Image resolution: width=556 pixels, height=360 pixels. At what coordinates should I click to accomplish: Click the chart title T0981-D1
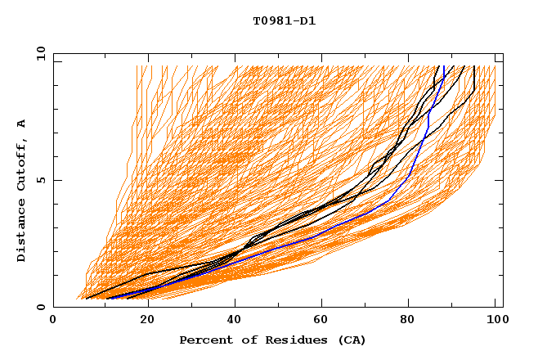[x=284, y=20]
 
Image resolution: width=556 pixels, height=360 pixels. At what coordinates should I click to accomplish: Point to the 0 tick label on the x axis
[x=53, y=320]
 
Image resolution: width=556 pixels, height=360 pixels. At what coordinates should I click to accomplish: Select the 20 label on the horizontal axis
[x=141, y=320]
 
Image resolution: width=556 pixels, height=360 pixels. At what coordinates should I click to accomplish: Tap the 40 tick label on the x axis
[x=231, y=320]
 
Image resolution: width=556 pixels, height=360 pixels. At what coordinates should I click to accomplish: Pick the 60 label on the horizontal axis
[x=319, y=320]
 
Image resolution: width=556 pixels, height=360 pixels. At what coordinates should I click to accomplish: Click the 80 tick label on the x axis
[x=407, y=320]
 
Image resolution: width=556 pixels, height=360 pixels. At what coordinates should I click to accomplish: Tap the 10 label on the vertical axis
[x=38, y=53]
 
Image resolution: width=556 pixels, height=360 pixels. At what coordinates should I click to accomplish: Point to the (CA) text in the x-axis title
[x=352, y=340]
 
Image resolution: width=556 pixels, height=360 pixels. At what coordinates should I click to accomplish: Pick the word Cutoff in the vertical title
[x=22, y=168]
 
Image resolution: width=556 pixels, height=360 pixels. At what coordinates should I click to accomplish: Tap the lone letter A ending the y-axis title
[x=22, y=124]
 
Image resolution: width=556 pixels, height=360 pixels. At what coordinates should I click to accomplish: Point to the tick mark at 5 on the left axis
[x=56, y=180]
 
